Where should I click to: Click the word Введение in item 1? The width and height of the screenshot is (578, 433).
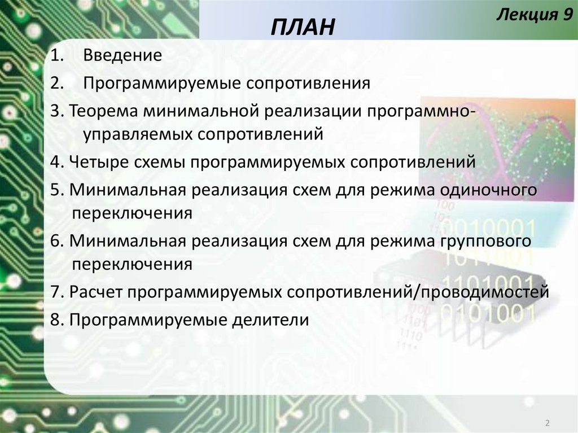(x=122, y=55)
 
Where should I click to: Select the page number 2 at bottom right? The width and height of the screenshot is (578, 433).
(x=548, y=423)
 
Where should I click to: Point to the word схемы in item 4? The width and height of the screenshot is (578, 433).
(x=156, y=163)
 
